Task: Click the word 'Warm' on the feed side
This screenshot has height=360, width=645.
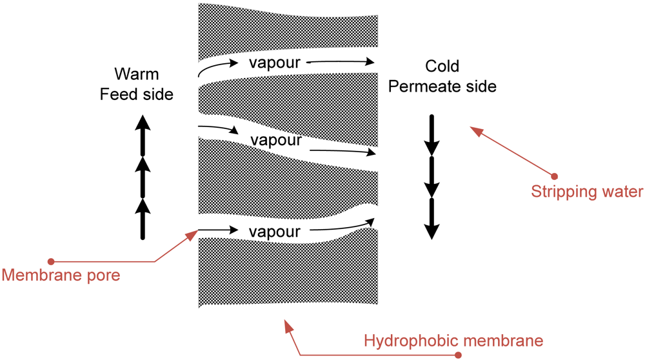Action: click(x=136, y=74)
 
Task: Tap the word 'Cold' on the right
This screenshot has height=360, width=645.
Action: click(x=442, y=66)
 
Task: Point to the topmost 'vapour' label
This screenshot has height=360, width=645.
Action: click(x=274, y=63)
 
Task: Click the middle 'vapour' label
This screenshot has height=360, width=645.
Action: click(x=276, y=140)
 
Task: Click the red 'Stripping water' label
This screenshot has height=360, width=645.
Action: click(x=587, y=192)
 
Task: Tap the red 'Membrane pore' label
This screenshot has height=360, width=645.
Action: click(x=61, y=275)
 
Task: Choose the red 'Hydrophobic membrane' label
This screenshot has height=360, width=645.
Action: click(x=453, y=340)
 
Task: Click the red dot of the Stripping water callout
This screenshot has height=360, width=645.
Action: click(x=554, y=176)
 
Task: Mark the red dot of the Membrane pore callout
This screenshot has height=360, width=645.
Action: click(x=51, y=261)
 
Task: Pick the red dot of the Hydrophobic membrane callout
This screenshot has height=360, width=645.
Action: click(x=459, y=355)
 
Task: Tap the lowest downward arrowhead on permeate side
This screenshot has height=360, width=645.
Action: click(x=432, y=231)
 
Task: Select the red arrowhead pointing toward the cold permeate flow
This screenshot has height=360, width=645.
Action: click(x=475, y=131)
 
